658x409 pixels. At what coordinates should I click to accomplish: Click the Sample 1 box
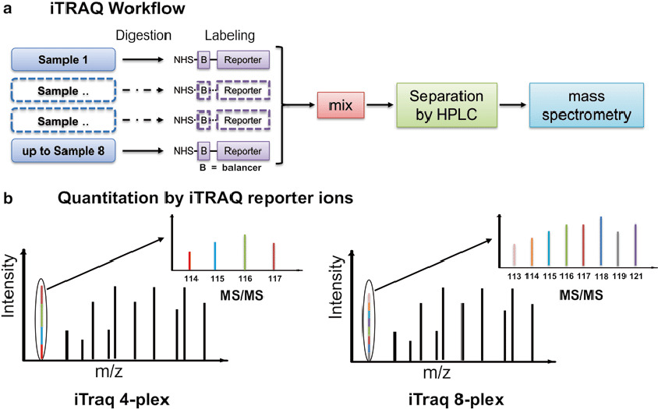65,58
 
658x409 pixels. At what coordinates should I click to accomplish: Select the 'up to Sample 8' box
65,148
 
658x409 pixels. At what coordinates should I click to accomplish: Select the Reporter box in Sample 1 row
244,58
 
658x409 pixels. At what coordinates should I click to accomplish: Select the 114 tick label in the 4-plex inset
189,277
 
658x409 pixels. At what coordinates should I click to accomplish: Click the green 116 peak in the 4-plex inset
245,250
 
